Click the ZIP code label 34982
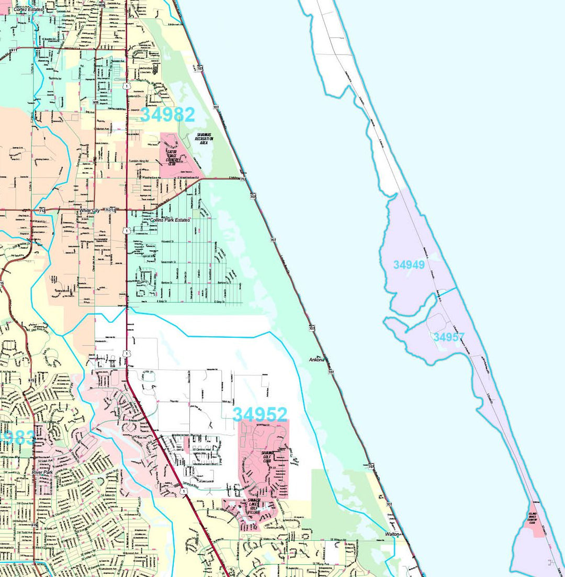[167, 115]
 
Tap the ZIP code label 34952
[259, 415]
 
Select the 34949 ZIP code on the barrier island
[409, 265]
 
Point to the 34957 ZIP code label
[449, 338]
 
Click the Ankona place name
[317, 360]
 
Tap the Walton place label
[392, 534]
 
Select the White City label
[89, 210]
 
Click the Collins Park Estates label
[170, 220]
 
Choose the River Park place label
[42, 472]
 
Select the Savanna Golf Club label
[268, 456]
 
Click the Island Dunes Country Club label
[533, 518]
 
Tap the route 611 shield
[13, 50]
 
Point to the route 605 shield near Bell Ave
[95, 103]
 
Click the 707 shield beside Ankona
[331, 372]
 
